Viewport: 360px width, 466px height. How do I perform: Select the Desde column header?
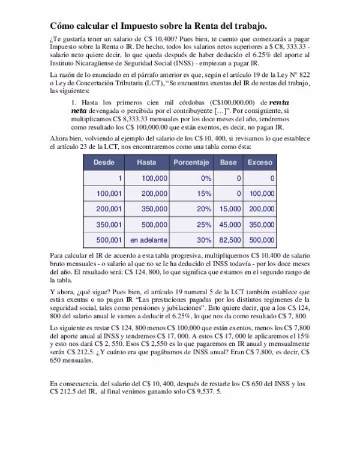click(103, 163)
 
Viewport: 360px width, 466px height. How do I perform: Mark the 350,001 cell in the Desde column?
click(109, 225)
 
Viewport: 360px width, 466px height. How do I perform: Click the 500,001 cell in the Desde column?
click(109, 240)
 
